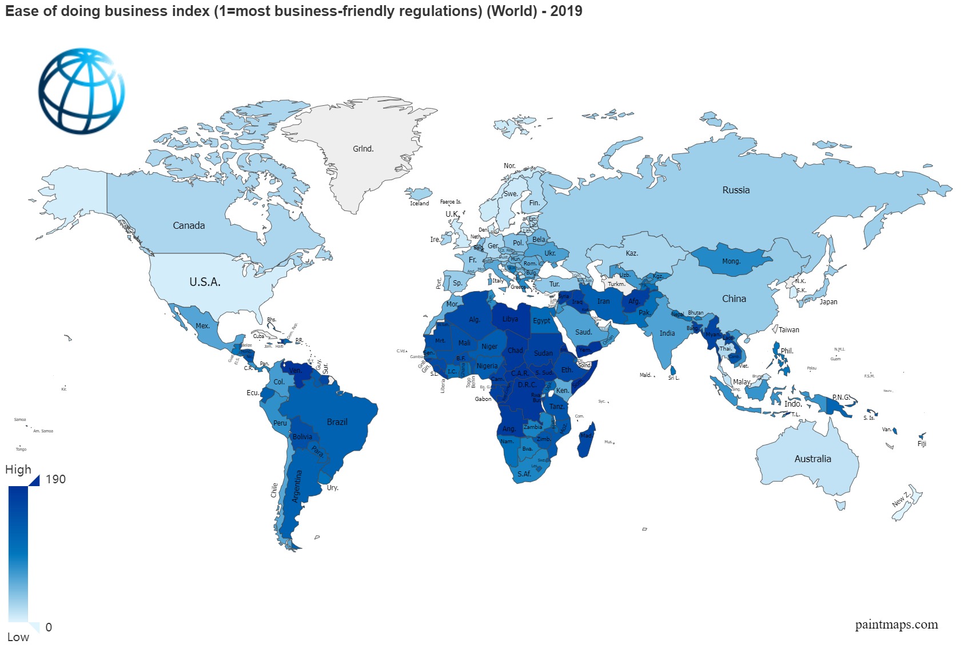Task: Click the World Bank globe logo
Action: [x=81, y=91]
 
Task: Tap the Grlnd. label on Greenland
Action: [x=363, y=149]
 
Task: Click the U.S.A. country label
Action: [x=205, y=282]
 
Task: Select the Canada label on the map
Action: [x=189, y=225]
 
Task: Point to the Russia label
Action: [x=736, y=190]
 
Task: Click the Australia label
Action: [x=812, y=459]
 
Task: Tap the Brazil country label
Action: [x=337, y=422]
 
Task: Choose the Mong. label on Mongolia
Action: [x=731, y=261]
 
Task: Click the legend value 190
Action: [x=55, y=479]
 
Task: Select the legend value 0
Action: [x=49, y=627]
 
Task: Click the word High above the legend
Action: [x=18, y=470]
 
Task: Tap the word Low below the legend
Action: [x=18, y=637]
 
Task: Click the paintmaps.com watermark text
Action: [x=896, y=625]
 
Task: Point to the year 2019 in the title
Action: [x=566, y=11]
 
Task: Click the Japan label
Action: [x=828, y=302]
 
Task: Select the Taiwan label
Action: [x=788, y=330]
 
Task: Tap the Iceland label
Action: [x=419, y=203]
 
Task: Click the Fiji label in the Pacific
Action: [x=922, y=444]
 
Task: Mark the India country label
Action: [x=667, y=333]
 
